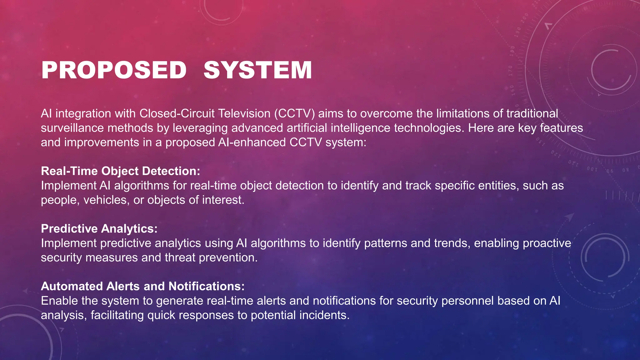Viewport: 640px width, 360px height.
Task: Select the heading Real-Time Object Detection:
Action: [120, 171]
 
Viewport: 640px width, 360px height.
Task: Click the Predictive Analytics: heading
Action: [99, 229]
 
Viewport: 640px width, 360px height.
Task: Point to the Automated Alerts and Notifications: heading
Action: [142, 286]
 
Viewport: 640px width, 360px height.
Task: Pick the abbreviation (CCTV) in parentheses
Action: [294, 113]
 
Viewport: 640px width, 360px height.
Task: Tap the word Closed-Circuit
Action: [177, 113]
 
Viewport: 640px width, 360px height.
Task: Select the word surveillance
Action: [72, 128]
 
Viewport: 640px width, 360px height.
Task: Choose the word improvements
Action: [102, 142]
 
